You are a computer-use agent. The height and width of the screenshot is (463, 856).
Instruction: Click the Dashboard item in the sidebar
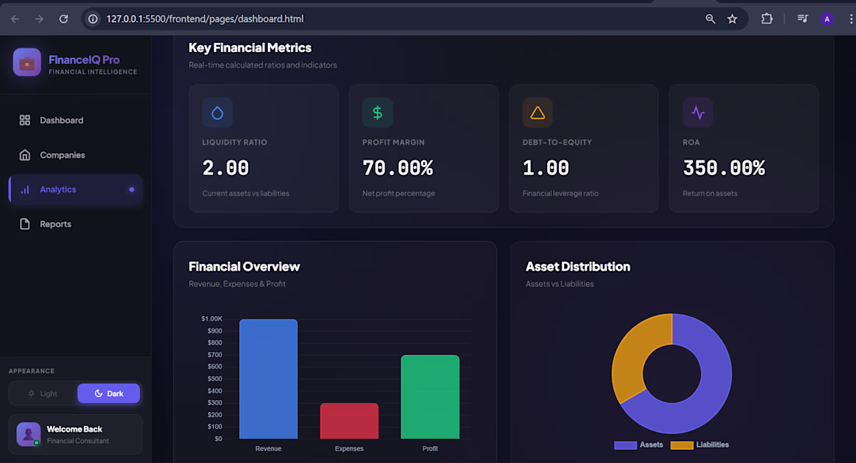click(x=61, y=121)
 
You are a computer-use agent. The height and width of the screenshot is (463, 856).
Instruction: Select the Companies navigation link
click(x=62, y=155)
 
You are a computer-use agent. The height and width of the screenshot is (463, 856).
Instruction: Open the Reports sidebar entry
click(x=55, y=224)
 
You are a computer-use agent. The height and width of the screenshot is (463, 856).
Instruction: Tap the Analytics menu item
click(x=58, y=189)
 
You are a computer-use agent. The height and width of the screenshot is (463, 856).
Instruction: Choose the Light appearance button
click(x=43, y=394)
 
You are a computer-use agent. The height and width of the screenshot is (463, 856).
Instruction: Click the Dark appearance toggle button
click(x=109, y=394)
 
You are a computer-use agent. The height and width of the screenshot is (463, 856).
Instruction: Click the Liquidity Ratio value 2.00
click(x=226, y=168)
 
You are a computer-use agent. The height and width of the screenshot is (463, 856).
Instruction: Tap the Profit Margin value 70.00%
click(x=398, y=168)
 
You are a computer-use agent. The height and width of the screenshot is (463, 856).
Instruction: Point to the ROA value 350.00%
click(x=724, y=168)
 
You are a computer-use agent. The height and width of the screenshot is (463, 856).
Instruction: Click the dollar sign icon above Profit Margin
click(x=377, y=113)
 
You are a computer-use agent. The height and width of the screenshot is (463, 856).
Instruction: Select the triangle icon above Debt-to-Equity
click(x=538, y=113)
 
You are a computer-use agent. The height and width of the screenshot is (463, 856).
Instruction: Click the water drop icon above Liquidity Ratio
click(x=217, y=113)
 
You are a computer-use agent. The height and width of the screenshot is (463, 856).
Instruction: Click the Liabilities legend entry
click(x=701, y=445)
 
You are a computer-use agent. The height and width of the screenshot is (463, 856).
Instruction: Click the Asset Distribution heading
click(x=578, y=266)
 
